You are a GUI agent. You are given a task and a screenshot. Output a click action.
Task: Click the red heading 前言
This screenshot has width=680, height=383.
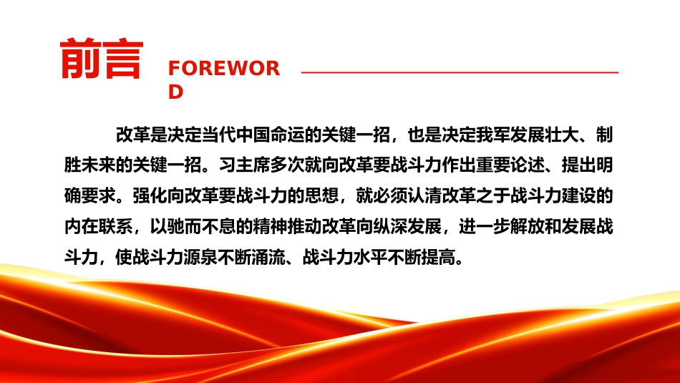pyautogui.click(x=102, y=59)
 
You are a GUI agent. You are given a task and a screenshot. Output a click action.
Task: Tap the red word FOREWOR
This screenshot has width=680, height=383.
pyautogui.click(x=224, y=69)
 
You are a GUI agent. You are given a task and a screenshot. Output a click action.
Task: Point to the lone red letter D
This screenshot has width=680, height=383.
pyautogui.click(x=175, y=92)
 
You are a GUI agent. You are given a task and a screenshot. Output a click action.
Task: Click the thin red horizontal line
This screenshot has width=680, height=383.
pyautogui.click(x=460, y=72)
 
